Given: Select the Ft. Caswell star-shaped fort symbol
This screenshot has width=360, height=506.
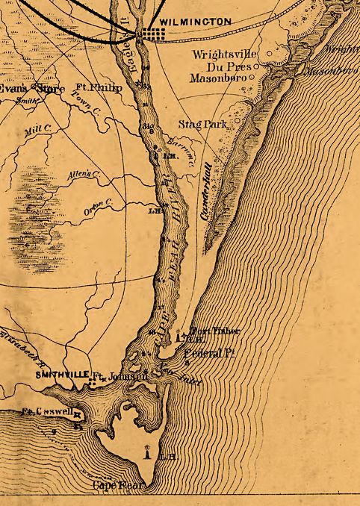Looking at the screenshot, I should [77, 413].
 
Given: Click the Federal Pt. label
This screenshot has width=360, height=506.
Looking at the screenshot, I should [210, 353].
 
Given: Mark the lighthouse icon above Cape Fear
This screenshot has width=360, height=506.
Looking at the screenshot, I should [149, 450].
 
